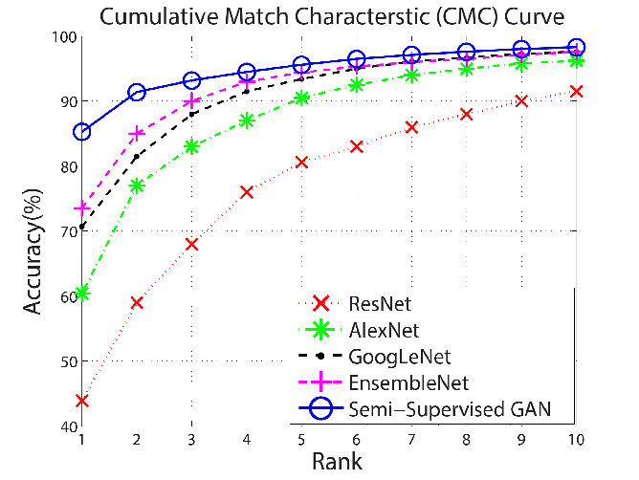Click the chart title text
click(332, 17)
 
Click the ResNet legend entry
click(380, 304)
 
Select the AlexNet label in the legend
click(384, 331)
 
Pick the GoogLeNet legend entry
click(400, 357)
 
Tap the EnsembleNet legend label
click(408, 383)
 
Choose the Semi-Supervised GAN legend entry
click(450, 409)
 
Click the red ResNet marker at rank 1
click(82, 401)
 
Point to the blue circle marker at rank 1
click(82, 132)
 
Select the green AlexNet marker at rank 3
click(191, 146)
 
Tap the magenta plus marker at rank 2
click(137, 134)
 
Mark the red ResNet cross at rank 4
click(247, 192)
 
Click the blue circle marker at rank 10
click(576, 47)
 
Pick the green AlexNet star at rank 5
click(301, 98)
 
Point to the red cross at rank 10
click(576, 91)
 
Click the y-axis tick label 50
click(69, 361)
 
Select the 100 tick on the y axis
click(64, 37)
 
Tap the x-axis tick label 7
click(411, 440)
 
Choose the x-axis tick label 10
click(576, 440)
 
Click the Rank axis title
click(337, 462)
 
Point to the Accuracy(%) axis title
click(33, 251)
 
